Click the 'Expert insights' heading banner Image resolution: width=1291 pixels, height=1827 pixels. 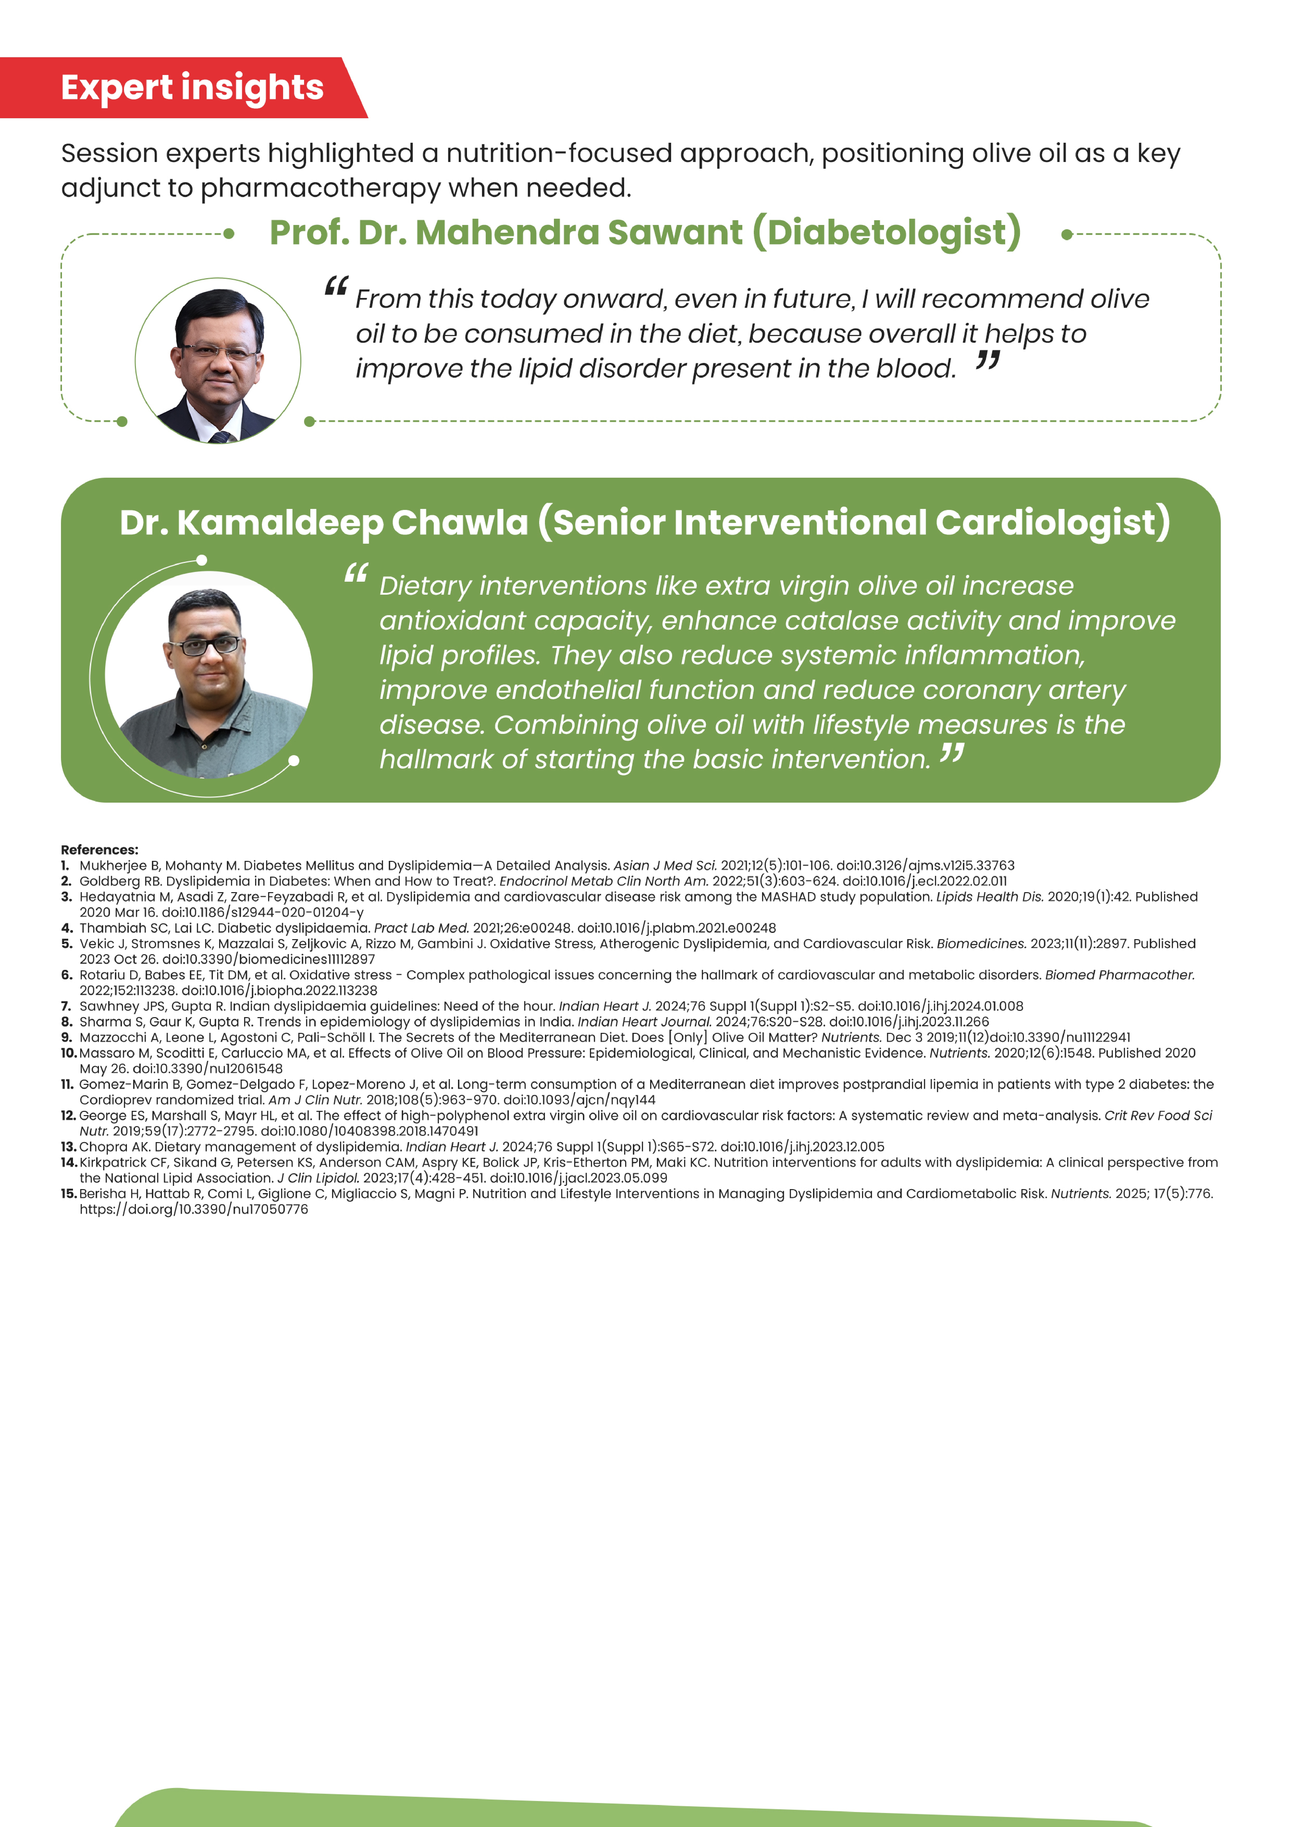coord(192,87)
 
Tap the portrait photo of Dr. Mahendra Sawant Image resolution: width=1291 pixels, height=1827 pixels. coord(218,360)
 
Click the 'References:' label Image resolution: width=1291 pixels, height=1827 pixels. coord(99,850)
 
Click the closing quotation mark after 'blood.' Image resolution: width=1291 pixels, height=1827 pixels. coord(987,362)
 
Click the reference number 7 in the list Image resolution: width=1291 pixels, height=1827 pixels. coord(67,1006)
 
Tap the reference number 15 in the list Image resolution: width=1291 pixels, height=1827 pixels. coord(68,1194)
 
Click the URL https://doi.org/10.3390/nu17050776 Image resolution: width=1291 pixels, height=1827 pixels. coord(193,1210)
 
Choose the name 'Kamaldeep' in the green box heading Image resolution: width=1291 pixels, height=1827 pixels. coord(281,523)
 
